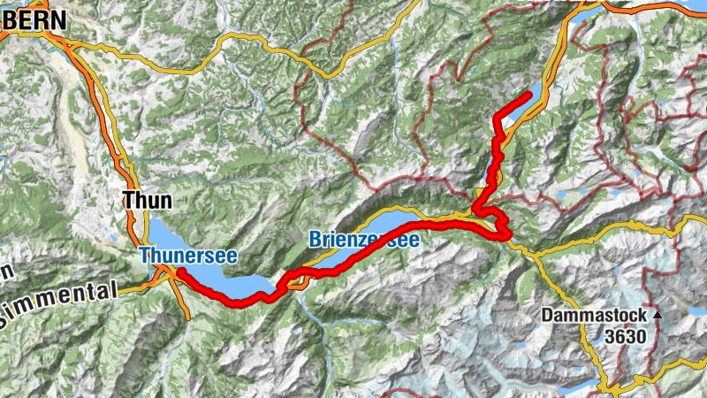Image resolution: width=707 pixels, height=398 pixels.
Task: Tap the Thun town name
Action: click(x=148, y=201)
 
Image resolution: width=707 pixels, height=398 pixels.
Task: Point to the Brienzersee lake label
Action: click(x=361, y=239)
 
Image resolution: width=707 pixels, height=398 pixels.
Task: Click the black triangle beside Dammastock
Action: click(x=657, y=315)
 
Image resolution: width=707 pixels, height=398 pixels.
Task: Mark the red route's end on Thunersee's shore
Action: click(x=178, y=271)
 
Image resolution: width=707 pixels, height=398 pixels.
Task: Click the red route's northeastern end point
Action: click(x=528, y=95)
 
